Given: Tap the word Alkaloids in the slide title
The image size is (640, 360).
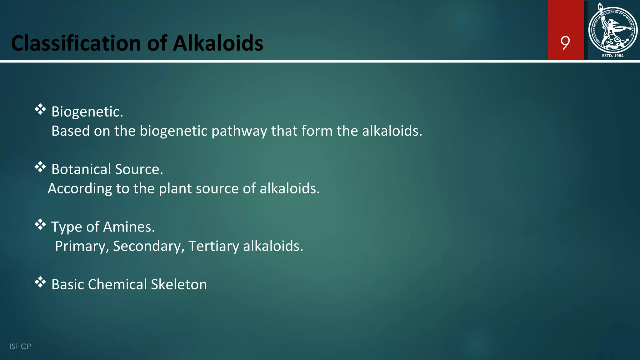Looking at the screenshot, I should click(x=218, y=43).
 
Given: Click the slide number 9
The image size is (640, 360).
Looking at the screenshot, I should click(x=565, y=43).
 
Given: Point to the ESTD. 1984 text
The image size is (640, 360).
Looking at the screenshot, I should click(x=612, y=56).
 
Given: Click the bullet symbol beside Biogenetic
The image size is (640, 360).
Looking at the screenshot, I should click(x=40, y=110).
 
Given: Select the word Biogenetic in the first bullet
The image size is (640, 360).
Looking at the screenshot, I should click(x=87, y=112).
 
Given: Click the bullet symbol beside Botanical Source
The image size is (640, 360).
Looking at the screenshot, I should click(x=40, y=167).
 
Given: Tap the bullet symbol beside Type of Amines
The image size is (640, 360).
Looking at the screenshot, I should click(x=40, y=225).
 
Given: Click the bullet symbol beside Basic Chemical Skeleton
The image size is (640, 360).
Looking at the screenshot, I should click(x=40, y=282).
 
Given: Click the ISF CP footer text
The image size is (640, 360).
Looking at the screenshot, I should click(x=20, y=346).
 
